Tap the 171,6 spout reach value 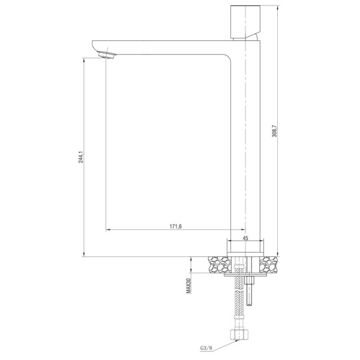point(175,226)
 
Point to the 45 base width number point(245,238)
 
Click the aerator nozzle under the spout point(108,56)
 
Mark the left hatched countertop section point(220,263)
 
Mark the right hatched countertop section point(270,263)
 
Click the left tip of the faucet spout point(93,44)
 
